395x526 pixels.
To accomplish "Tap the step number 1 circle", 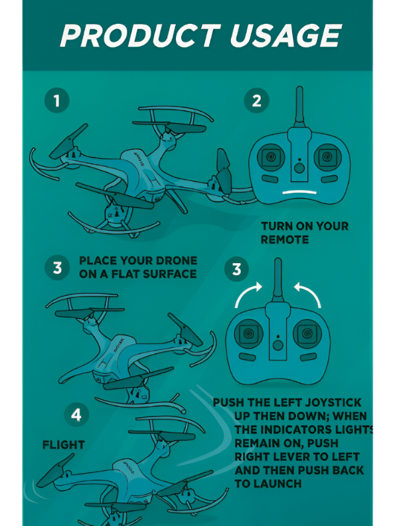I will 57,101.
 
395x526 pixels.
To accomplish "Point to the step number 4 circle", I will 76,415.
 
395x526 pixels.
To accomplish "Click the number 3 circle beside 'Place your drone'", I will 57,268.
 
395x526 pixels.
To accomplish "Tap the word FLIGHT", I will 64,445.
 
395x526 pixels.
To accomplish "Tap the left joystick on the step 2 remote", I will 272,157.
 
